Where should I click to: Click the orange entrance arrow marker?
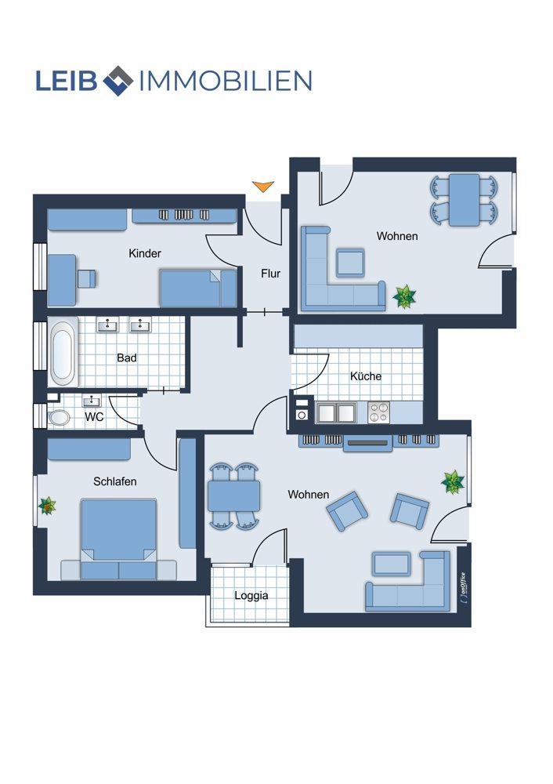click(x=263, y=186)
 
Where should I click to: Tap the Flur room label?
click(x=271, y=274)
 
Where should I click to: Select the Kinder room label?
click(x=145, y=253)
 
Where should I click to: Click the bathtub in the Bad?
click(x=63, y=353)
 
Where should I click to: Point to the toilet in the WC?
click(x=59, y=418)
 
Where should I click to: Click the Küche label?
click(x=366, y=376)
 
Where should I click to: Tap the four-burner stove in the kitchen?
click(x=378, y=412)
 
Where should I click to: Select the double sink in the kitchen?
click(x=336, y=413)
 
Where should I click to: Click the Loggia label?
click(x=251, y=596)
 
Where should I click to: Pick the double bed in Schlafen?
click(x=118, y=539)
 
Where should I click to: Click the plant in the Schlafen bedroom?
click(x=48, y=506)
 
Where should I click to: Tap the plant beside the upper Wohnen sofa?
click(x=404, y=296)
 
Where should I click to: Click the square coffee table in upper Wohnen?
click(x=350, y=263)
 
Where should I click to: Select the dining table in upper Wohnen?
click(x=464, y=199)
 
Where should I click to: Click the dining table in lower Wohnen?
click(x=233, y=495)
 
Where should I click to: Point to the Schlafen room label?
click(x=115, y=481)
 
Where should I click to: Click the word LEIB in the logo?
click(x=67, y=81)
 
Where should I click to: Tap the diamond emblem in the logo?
click(x=118, y=81)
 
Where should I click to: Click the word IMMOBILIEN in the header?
click(x=226, y=81)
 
